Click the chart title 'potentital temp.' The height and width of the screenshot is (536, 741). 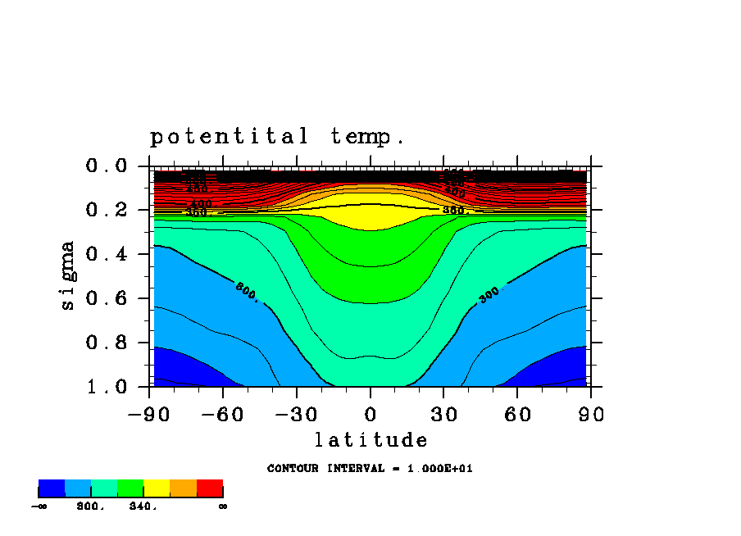click(x=277, y=137)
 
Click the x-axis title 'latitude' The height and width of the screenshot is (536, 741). click(x=370, y=440)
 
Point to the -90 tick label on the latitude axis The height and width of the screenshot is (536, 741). click(x=148, y=415)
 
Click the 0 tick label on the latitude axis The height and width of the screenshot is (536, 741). click(x=370, y=415)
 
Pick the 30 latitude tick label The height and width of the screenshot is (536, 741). click(x=443, y=415)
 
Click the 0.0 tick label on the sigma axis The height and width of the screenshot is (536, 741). click(x=106, y=166)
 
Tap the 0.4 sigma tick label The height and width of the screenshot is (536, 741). click(x=106, y=255)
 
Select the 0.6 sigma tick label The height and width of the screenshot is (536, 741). click(x=106, y=299)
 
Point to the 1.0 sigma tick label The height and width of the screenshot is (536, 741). click(x=106, y=387)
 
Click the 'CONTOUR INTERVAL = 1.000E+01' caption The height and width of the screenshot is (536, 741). click(x=370, y=469)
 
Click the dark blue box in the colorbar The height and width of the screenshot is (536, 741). click(x=52, y=488)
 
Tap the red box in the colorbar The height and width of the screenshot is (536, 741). click(x=210, y=488)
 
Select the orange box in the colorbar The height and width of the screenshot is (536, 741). click(x=183, y=488)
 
